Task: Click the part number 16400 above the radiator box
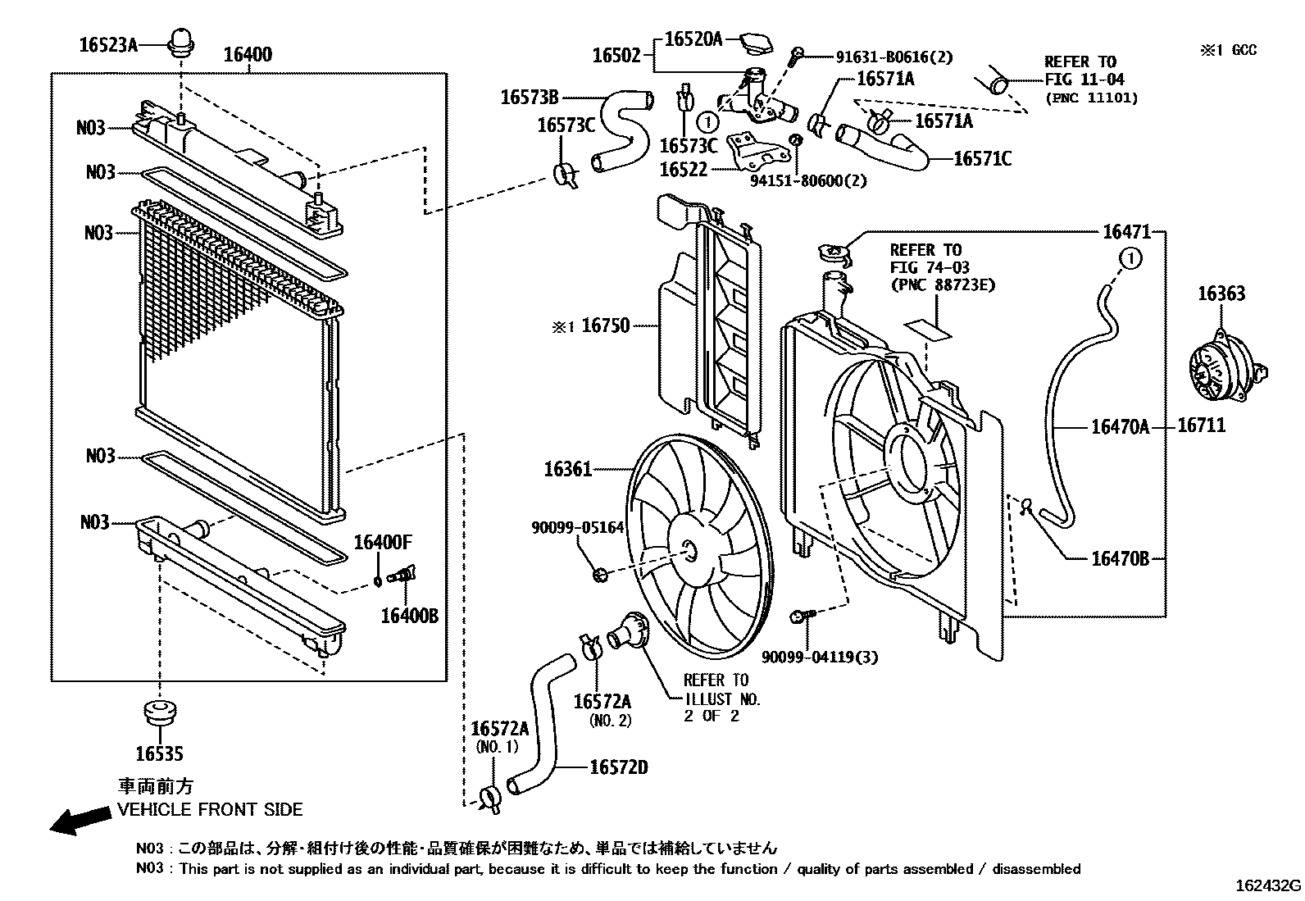248,55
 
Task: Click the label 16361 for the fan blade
567,470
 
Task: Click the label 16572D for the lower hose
618,767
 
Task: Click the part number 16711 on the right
1201,425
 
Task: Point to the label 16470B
1120,558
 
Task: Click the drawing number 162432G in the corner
1267,886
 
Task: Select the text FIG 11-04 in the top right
1084,80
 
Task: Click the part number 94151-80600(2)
809,180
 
